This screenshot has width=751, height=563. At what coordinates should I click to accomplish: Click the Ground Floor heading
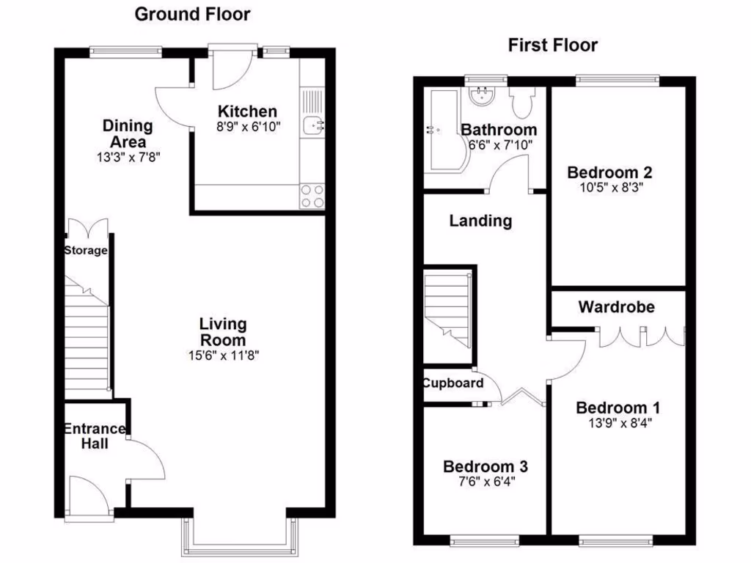192,14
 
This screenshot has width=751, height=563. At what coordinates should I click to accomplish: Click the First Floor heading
552,45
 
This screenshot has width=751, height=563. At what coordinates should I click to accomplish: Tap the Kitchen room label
248,112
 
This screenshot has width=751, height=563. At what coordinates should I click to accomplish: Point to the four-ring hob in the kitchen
312,196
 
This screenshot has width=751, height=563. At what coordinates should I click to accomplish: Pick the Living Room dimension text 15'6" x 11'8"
223,356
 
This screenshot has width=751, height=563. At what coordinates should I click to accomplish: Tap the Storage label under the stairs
86,251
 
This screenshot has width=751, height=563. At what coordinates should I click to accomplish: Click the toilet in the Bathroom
523,103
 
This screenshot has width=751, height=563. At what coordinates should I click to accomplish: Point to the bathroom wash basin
482,95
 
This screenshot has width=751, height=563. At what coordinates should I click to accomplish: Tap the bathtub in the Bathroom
442,132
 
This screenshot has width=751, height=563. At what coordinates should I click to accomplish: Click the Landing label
480,221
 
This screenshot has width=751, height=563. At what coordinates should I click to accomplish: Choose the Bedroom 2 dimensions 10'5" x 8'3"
609,188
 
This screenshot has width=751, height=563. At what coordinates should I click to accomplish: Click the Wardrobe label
616,306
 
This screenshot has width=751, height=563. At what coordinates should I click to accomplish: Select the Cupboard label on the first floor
453,383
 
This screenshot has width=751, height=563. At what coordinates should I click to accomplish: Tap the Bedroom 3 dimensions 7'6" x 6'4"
485,482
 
